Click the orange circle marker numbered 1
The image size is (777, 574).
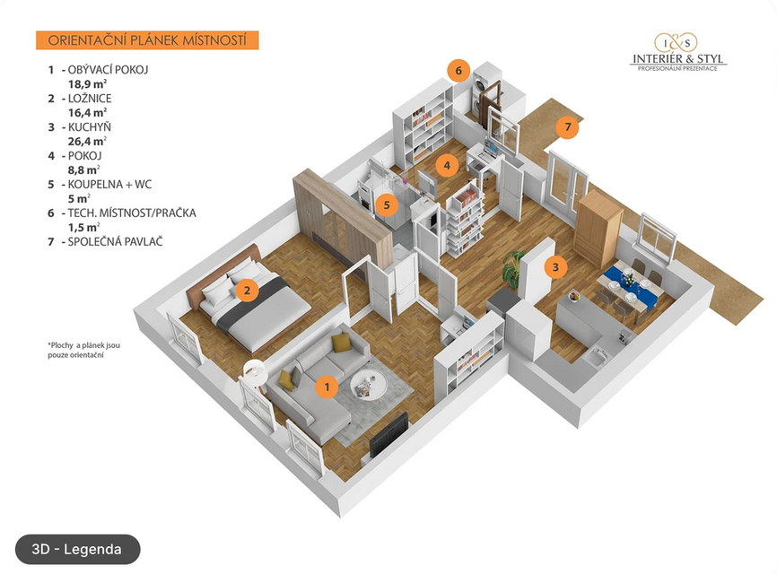[x=328, y=387]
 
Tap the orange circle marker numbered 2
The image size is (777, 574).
[x=245, y=289]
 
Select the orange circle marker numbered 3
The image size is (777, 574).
[x=555, y=266]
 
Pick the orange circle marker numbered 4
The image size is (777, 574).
[x=447, y=165]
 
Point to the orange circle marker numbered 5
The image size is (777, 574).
[x=387, y=204]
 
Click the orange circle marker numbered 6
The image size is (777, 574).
[x=458, y=70]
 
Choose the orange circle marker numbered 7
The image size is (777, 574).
[x=566, y=127]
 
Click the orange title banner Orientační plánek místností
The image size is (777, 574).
[x=147, y=40]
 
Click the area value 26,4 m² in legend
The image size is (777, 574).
[x=88, y=141]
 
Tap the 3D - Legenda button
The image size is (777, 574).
[x=77, y=549]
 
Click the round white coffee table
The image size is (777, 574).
[x=367, y=385]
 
